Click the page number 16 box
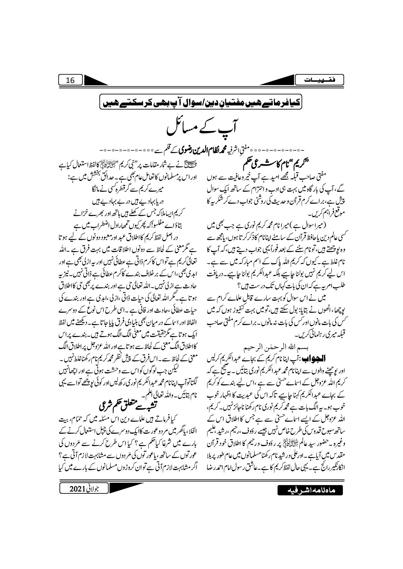[71, 80]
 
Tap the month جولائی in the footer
[98, 489]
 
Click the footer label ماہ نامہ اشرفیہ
[310, 491]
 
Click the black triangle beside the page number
[98, 80]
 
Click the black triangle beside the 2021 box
[126, 487]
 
